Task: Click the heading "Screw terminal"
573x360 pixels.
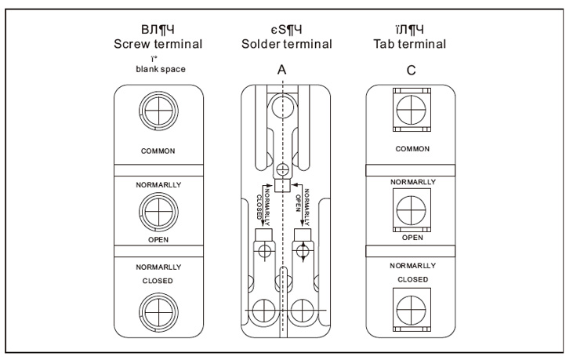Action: pyautogui.click(x=158, y=44)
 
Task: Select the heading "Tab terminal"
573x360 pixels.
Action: pyautogui.click(x=408, y=44)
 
